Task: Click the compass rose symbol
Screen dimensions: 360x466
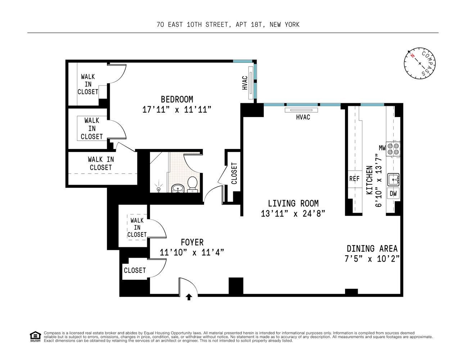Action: tap(420, 63)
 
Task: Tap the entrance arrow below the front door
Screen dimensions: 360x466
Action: tap(189, 297)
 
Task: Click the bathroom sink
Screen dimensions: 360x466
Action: tap(177, 188)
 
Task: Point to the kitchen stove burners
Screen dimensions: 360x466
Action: tap(393, 149)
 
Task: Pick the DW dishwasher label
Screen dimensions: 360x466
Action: tap(393, 193)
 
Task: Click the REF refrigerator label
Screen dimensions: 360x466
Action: tap(354, 179)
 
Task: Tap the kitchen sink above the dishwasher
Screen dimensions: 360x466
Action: tap(393, 179)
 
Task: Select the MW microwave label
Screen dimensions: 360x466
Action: tap(382, 148)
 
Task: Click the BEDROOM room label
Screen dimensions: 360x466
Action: tap(177, 99)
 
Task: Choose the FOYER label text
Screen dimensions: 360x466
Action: tap(192, 242)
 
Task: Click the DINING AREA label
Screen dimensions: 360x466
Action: tap(372, 248)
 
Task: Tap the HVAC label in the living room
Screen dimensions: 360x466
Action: tap(303, 117)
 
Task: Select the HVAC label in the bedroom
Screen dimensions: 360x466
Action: tap(245, 83)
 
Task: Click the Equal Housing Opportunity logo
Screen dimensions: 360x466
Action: tap(35, 336)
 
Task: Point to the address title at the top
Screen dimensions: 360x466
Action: tap(228, 24)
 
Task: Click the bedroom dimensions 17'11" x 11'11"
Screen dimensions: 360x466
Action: tap(176, 110)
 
